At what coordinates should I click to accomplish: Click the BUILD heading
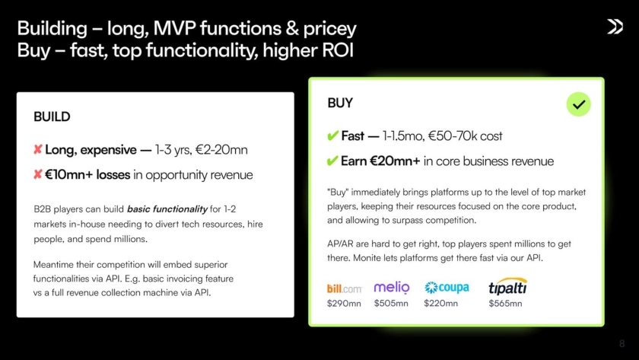(x=52, y=117)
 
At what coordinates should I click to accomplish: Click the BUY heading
(x=340, y=103)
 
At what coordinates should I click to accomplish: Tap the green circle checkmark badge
(x=578, y=104)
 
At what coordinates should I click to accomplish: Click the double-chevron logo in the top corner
(x=615, y=27)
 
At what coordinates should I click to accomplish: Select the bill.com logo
(x=345, y=288)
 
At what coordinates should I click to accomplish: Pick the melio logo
(x=392, y=287)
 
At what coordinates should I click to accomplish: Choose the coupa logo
(x=447, y=288)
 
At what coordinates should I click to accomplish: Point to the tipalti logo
(x=508, y=286)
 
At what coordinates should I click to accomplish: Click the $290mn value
(x=344, y=304)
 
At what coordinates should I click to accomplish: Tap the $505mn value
(x=391, y=304)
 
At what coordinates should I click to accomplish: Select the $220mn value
(x=441, y=304)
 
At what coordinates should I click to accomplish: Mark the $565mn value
(x=505, y=304)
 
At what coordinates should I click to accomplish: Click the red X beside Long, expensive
(x=38, y=150)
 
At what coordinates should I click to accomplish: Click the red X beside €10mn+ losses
(x=38, y=174)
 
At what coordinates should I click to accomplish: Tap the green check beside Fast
(x=332, y=135)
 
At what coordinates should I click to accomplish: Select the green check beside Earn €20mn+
(x=332, y=161)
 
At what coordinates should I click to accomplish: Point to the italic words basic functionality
(x=167, y=209)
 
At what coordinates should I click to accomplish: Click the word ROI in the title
(x=338, y=50)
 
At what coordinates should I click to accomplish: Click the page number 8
(x=622, y=344)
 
